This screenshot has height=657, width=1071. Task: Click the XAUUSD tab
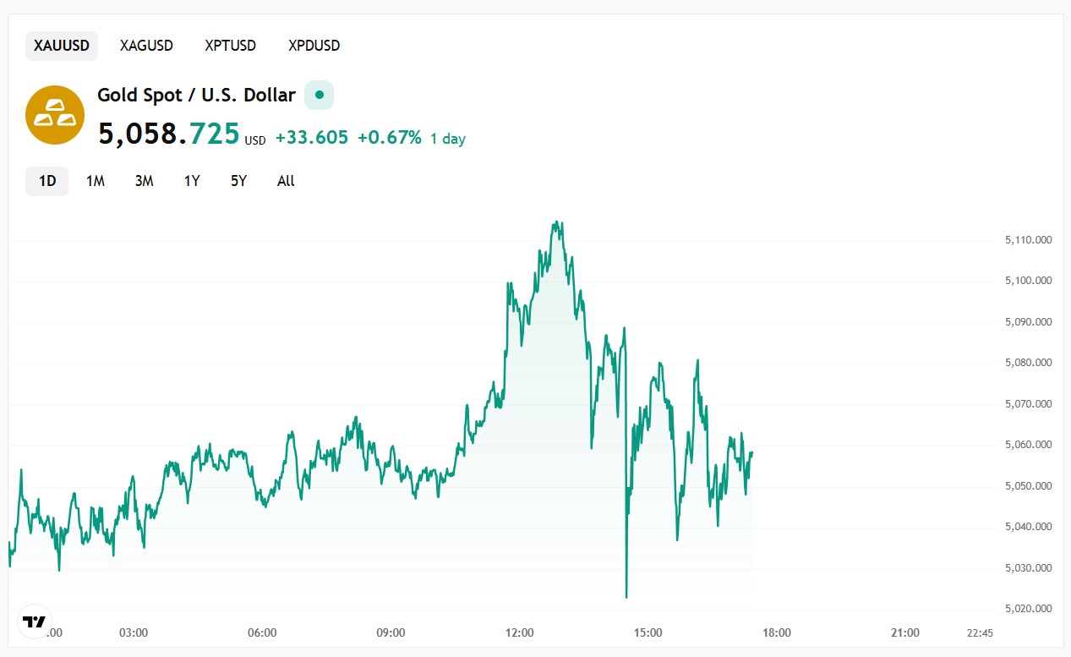61,46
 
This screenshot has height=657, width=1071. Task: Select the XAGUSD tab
146,46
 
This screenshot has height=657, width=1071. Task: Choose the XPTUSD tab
230,46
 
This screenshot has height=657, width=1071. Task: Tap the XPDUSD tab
314,46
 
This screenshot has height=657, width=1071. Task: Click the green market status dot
319,95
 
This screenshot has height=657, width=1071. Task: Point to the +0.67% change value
389,138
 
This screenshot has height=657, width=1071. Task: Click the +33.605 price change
311,138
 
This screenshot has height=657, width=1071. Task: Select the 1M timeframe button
96,181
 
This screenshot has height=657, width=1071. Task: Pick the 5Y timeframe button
238,181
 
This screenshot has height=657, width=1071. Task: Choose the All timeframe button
286,181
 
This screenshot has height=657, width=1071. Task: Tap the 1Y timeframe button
192,181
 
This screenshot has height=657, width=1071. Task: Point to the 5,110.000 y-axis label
1028,240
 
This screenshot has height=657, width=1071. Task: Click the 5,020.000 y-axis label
1028,609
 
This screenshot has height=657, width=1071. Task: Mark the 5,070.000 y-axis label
1028,404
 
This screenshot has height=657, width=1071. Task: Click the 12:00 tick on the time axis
519,632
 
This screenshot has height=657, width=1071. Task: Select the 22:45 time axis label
980,632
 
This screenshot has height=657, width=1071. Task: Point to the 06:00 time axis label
262,632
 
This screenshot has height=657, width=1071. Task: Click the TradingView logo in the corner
34,622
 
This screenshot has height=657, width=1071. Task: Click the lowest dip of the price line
626,597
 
